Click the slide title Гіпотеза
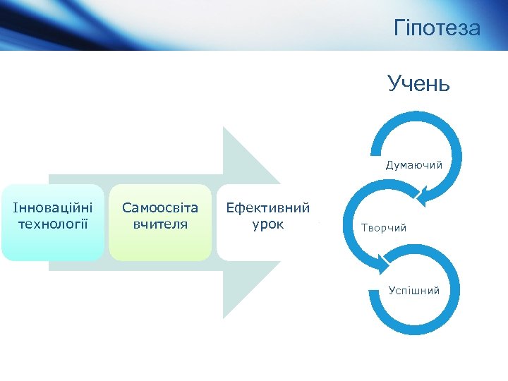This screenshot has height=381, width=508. pos(437,28)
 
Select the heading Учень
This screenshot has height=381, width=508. pos(418,84)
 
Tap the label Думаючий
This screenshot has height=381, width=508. pos(414,165)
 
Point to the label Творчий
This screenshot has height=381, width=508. pos(384,228)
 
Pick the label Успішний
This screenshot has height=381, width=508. pos(414,291)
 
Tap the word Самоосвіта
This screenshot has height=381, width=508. pos(160,208)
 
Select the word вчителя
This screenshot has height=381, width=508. pos(160,224)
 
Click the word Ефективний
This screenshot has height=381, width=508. pos(267,208)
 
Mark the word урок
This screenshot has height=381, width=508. pos(267,224)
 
